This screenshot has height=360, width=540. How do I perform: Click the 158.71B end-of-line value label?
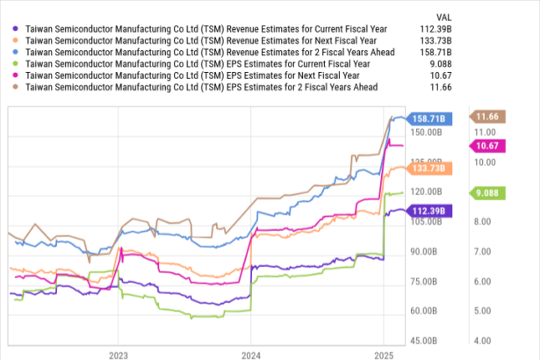(431, 118)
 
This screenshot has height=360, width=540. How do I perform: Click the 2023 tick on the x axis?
(119, 356)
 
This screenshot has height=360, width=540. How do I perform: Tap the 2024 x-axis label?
(251, 356)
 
